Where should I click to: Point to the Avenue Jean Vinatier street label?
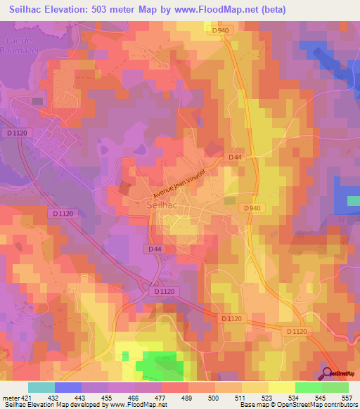180,184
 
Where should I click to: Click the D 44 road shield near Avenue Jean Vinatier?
235,157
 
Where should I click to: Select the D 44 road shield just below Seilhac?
155,249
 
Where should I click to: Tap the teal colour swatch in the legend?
41,387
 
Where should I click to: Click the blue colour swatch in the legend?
68,387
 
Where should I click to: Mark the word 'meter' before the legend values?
10,398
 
